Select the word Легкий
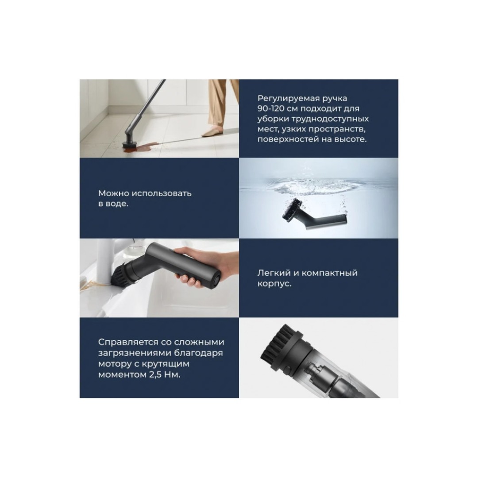274,273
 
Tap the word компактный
329,273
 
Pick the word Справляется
128,342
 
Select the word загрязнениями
134,353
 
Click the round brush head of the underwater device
290,209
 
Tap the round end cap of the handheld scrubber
216,279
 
